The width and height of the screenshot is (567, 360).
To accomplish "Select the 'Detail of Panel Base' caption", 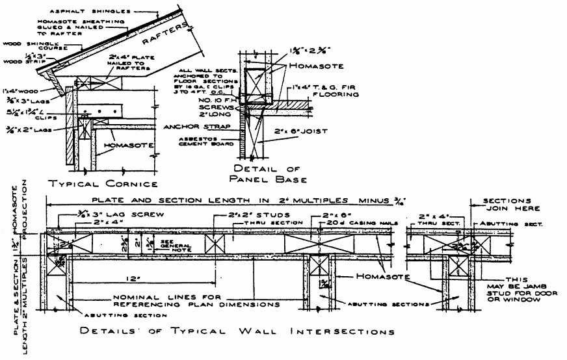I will point(270,173).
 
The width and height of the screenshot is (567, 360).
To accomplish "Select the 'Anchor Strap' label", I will point(195,127).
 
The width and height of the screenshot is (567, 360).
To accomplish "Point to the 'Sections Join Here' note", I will point(510,205).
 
